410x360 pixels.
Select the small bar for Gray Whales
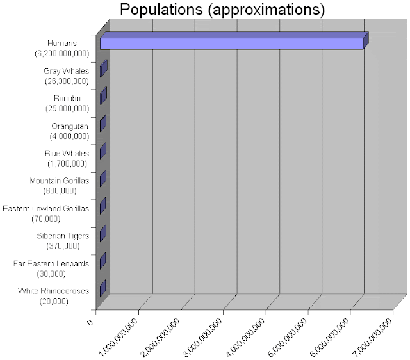[x=103, y=69]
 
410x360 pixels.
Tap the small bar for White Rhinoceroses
[x=102, y=288]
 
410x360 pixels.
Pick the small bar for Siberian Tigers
[x=102, y=233]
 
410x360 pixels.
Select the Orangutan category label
[x=70, y=126]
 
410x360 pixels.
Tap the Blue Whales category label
[x=67, y=153]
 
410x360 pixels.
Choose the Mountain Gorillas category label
[x=59, y=181]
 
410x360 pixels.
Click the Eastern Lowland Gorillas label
[x=45, y=208]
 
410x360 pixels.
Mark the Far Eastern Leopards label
[x=51, y=263]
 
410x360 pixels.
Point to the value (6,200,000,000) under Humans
[x=62, y=53]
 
